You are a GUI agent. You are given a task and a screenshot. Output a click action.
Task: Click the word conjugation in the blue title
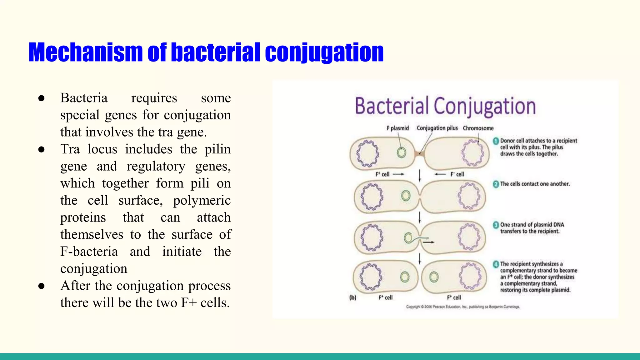point(324,52)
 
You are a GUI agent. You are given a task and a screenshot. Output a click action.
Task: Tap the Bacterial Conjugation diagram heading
point(445,106)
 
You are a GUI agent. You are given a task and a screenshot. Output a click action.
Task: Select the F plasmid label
point(397,128)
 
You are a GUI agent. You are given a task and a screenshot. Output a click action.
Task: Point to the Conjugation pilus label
point(437,128)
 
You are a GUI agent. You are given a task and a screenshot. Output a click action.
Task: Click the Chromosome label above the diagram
point(478,128)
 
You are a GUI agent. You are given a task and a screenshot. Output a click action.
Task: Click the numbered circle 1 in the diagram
point(496,141)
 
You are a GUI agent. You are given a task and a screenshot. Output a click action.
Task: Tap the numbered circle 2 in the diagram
point(496,184)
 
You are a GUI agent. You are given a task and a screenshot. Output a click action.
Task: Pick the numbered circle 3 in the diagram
point(496,225)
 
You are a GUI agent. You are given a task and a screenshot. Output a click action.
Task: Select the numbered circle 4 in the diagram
point(496,264)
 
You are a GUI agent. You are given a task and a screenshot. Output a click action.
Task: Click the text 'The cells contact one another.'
point(535,184)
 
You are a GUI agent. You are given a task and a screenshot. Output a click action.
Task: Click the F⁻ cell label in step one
point(457,174)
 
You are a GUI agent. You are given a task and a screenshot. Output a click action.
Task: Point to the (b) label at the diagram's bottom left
point(353,297)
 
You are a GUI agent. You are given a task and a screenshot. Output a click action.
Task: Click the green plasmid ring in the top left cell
point(401,152)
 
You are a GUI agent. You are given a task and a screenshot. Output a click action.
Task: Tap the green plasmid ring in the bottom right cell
point(434,277)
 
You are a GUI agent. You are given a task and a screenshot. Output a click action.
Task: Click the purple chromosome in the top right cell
point(472,153)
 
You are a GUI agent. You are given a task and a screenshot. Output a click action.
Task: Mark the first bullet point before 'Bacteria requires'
point(42,98)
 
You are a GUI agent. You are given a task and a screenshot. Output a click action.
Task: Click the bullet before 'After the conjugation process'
point(42,286)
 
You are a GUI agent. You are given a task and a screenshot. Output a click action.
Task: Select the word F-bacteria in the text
point(89,252)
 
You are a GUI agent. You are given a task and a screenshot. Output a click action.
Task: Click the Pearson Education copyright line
point(462,307)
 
